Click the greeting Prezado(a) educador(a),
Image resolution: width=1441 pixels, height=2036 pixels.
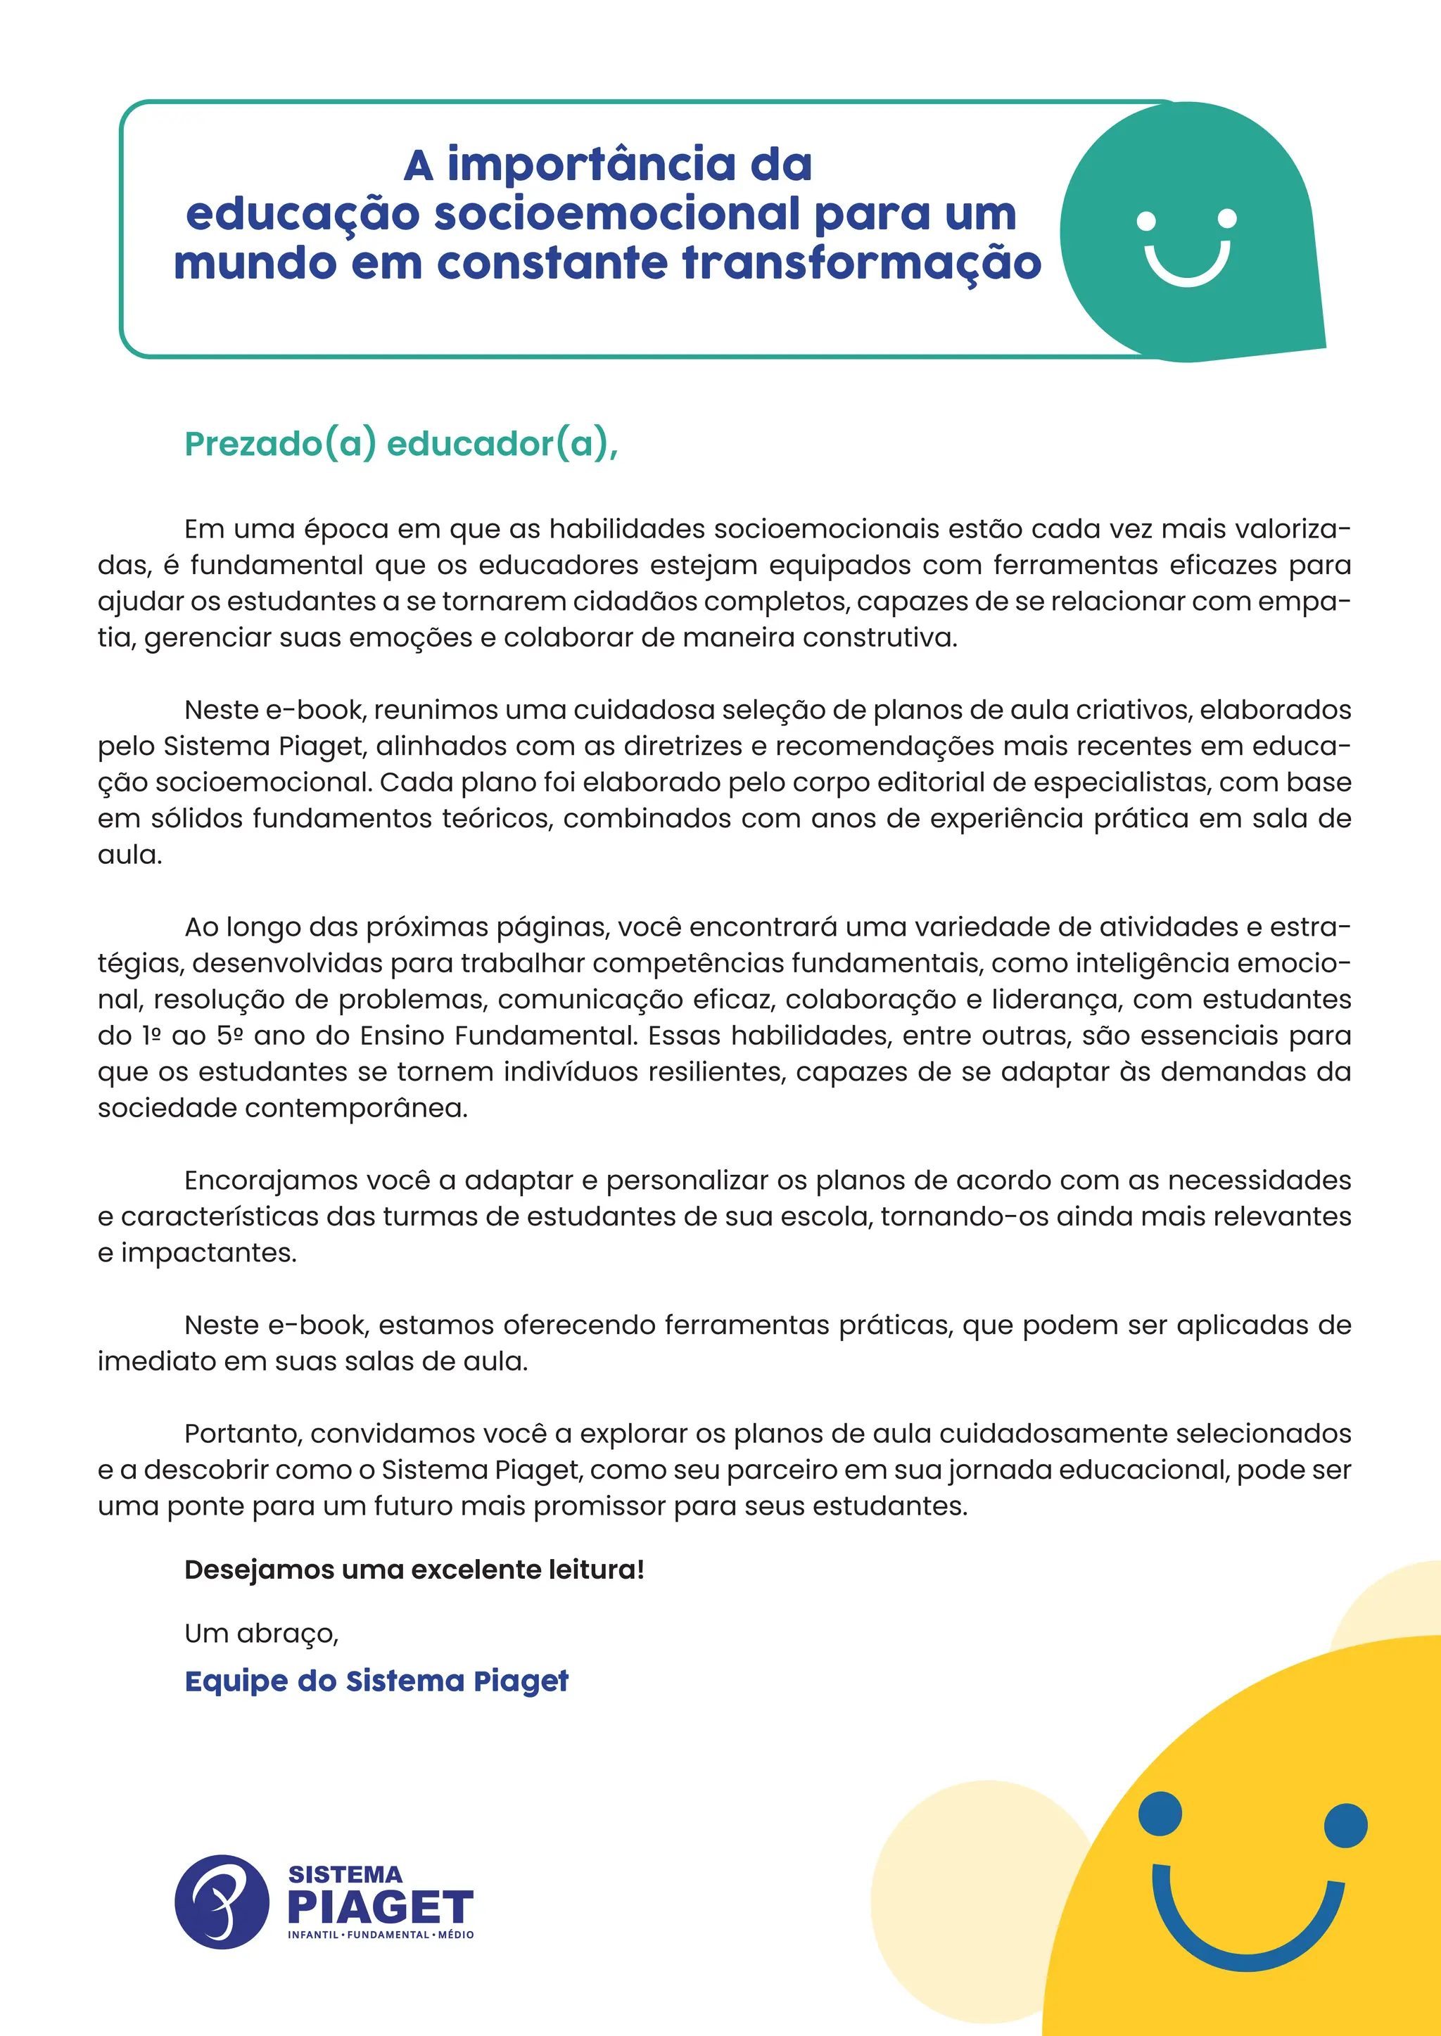401,444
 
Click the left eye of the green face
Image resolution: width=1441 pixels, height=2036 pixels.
1146,221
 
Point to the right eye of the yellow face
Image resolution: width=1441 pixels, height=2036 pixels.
1345,1826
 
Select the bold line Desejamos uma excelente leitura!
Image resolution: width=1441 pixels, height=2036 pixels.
414,1570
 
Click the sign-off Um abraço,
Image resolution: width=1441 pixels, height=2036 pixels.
262,1634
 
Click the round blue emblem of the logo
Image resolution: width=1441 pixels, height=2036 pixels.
222,1901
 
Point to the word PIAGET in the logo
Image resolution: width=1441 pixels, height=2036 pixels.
381,1907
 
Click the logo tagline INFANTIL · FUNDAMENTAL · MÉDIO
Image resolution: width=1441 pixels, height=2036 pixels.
381,1935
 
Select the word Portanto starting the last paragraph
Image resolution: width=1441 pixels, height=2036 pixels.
242,1434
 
